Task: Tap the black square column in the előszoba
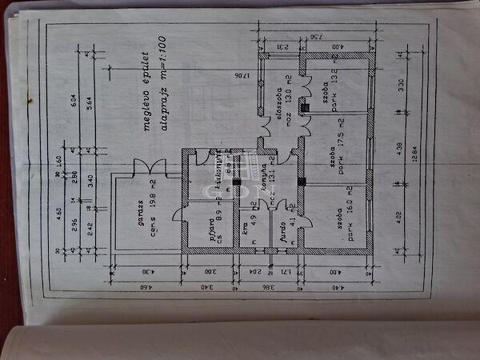pos(305,105)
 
